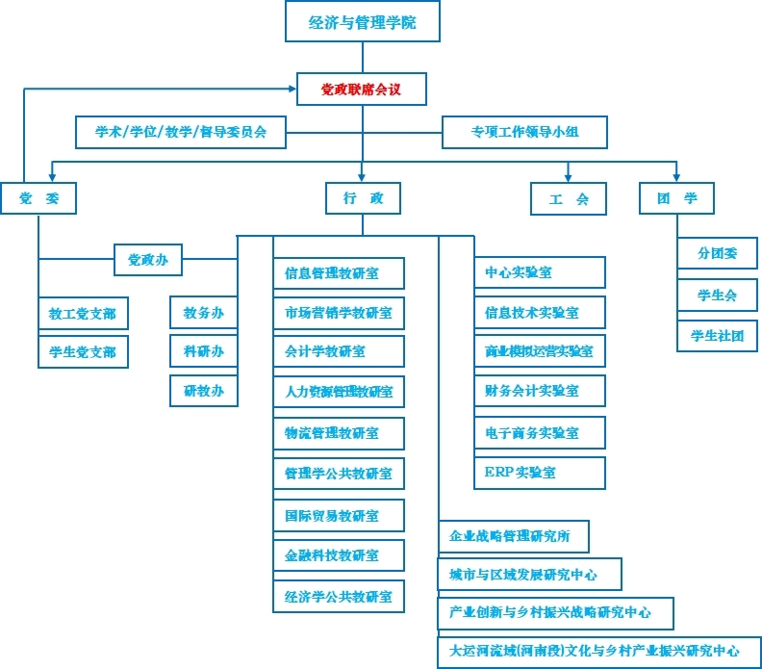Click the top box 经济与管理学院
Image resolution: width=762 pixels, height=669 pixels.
click(x=362, y=22)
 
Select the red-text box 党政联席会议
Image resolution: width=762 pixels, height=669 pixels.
click(x=361, y=90)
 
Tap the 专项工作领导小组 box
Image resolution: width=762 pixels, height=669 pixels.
click(x=524, y=132)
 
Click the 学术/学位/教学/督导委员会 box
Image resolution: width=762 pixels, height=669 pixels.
click(x=181, y=132)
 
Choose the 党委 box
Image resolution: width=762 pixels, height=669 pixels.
click(x=38, y=198)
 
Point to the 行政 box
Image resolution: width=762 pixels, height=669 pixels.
click(x=363, y=198)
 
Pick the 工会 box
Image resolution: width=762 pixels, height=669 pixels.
click(x=569, y=199)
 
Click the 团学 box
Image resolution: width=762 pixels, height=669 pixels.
click(x=677, y=198)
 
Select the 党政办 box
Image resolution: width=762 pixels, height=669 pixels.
click(x=148, y=259)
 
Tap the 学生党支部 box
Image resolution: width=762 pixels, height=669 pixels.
click(x=83, y=352)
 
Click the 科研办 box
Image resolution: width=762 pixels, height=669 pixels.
click(x=203, y=351)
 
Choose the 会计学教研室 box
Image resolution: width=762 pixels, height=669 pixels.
click(x=338, y=352)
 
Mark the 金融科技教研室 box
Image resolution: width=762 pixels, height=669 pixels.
click(x=338, y=555)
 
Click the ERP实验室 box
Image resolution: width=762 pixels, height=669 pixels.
click(x=540, y=473)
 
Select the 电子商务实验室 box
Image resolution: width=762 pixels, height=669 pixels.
click(x=540, y=432)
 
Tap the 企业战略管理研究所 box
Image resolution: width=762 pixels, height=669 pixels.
click(x=513, y=536)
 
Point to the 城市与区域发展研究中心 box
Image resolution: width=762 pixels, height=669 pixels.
click(x=529, y=575)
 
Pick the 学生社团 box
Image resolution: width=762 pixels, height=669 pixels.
click(x=717, y=335)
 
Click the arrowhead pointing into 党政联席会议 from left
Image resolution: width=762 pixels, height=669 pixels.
click(x=292, y=90)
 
